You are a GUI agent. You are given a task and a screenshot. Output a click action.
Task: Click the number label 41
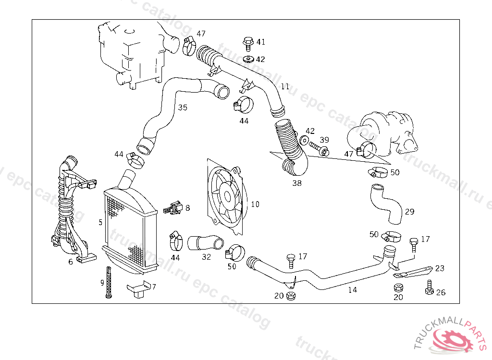pyautogui.click(x=260, y=42)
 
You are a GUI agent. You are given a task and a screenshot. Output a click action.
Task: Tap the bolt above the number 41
pyautogui.click(x=248, y=43)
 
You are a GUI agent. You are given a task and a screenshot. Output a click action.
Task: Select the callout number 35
pyautogui.click(x=183, y=108)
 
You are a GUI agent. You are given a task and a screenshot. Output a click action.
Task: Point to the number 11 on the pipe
pyautogui.click(x=285, y=87)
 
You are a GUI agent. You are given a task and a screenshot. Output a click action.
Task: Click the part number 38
pyautogui.click(x=297, y=183)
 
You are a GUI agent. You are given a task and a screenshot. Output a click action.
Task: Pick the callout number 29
pyautogui.click(x=409, y=212)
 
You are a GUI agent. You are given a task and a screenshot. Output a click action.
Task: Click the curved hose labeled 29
pyautogui.click(x=387, y=204)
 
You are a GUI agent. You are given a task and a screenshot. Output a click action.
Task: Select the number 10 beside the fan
pyautogui.click(x=255, y=204)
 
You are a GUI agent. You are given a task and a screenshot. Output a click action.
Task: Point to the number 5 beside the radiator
pyautogui.click(x=100, y=222)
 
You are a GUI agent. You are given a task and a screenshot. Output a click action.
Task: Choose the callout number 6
pyautogui.click(x=71, y=262)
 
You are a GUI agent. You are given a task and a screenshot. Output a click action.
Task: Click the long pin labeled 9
pyautogui.click(x=109, y=282)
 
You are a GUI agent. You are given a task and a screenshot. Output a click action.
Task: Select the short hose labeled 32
pyautogui.click(x=205, y=242)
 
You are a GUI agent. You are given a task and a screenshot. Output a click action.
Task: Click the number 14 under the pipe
pyautogui.click(x=353, y=290)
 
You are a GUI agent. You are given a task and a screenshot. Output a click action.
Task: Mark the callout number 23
pyautogui.click(x=440, y=269)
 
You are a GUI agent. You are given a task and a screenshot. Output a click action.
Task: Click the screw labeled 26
pyautogui.click(x=429, y=288)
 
